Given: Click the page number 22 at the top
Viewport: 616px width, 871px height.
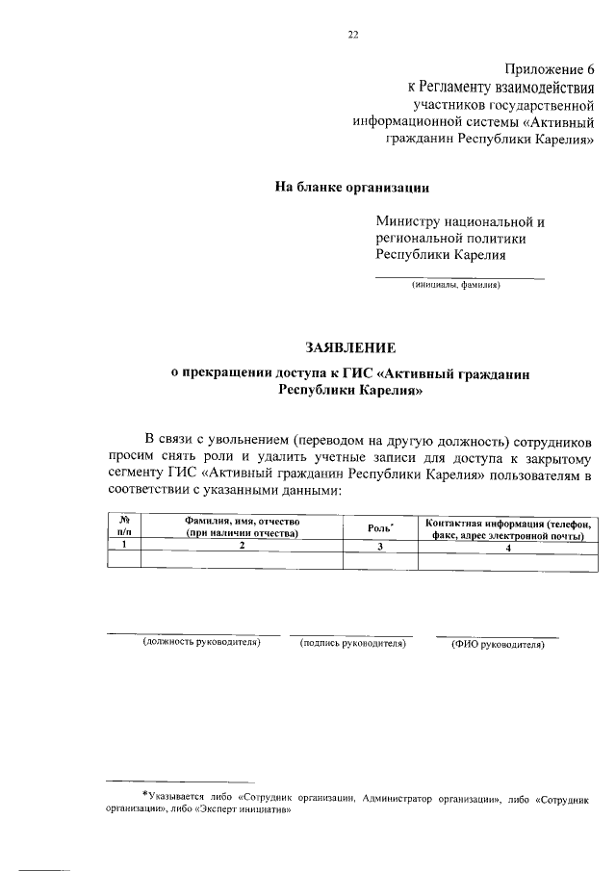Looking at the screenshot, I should pos(352,36).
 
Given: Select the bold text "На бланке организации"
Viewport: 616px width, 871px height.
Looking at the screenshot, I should pos(352,187).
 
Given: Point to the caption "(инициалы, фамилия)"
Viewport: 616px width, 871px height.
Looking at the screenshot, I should pos(455,285).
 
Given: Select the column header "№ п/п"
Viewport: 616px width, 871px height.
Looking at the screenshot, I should pos(124,526).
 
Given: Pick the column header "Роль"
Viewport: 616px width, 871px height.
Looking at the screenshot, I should pos(379,527).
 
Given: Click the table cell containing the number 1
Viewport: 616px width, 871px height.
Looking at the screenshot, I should pos(124,546).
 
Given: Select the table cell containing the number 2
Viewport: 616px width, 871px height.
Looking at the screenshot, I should pos(243,546).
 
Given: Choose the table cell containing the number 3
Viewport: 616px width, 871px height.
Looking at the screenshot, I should pos(380,547).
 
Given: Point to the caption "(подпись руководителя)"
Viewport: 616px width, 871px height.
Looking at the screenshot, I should pos(352,642).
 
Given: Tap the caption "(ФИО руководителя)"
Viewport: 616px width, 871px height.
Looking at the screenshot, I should pos(498,643).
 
